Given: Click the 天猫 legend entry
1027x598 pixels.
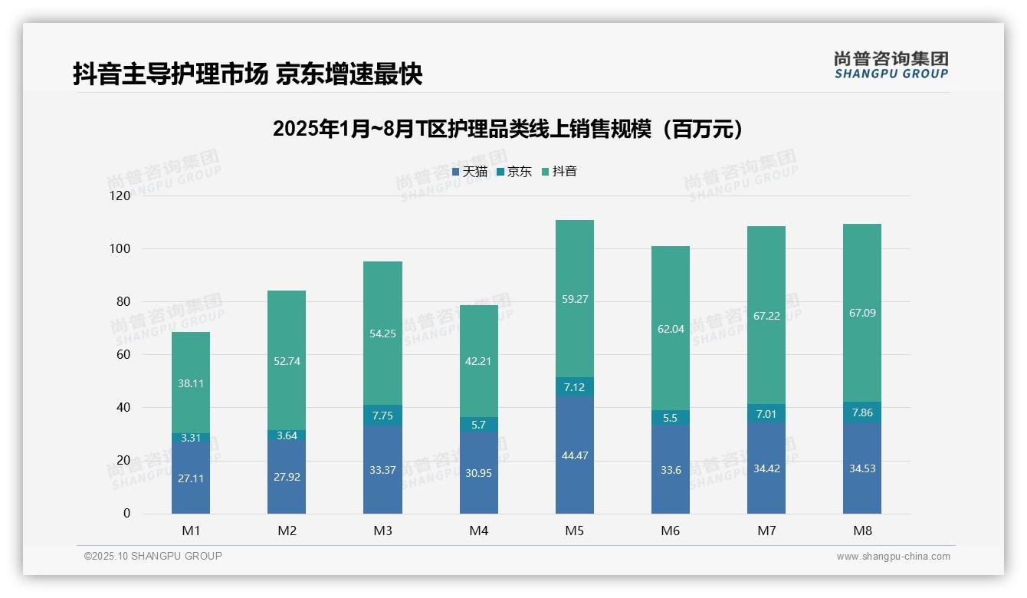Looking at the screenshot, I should point(470,172).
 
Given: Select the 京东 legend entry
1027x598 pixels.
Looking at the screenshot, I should point(514,172).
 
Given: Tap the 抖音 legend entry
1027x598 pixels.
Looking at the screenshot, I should point(559,172).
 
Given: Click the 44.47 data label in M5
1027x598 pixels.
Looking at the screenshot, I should point(574,455).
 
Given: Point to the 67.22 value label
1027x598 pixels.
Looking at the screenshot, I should point(766,316).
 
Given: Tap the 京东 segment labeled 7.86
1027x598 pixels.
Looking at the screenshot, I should point(862,412).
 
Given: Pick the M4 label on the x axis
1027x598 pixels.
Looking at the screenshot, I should point(478,531).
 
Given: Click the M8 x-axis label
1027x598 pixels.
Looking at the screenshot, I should point(862,531).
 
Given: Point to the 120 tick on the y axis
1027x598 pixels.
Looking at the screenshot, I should point(120,196).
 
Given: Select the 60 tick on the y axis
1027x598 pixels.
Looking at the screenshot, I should point(123,355).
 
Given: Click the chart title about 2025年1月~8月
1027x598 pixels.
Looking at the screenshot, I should point(507,129).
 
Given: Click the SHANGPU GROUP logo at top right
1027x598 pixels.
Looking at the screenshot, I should point(891,65).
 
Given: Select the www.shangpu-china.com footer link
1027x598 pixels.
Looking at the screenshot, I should point(893,557).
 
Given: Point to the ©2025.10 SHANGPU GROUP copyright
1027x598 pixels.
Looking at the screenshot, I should point(153,557).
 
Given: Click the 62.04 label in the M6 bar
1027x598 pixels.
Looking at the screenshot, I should point(670,330).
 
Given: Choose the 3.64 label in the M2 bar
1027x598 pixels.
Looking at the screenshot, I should point(287,435).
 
